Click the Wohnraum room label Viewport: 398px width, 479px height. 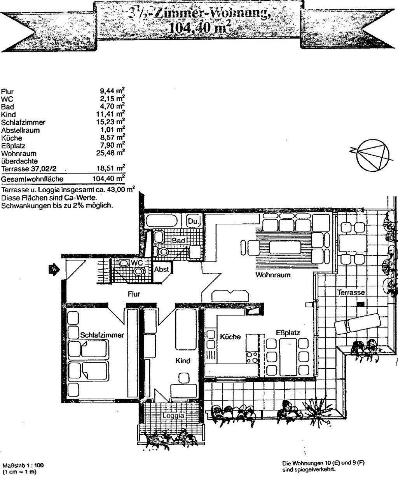[x=273, y=275]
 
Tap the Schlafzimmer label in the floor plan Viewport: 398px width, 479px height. [x=102, y=335]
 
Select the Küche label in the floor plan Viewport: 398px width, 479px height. [x=230, y=337]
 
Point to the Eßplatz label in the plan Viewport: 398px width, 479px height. [x=288, y=333]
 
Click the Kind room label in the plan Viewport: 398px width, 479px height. [x=183, y=361]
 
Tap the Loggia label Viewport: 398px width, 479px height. [x=173, y=415]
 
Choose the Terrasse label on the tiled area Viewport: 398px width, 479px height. [x=351, y=292]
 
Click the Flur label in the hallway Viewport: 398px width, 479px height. [x=134, y=294]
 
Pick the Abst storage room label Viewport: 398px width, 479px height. [x=161, y=269]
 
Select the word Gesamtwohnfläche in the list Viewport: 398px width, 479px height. [x=32, y=179]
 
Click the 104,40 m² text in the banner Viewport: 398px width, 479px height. [x=198, y=27]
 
